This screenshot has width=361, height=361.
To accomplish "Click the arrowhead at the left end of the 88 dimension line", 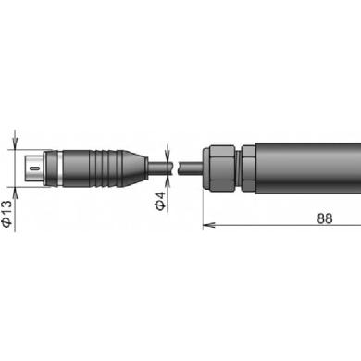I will pos(207,225).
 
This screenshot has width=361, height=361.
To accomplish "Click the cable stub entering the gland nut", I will pos(191,168).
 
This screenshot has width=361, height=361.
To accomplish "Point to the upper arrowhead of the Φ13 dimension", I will pos(13,144).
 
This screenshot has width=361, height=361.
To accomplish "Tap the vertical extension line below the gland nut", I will pos(202,208).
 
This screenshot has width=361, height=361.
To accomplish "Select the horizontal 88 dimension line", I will pos(268,225).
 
